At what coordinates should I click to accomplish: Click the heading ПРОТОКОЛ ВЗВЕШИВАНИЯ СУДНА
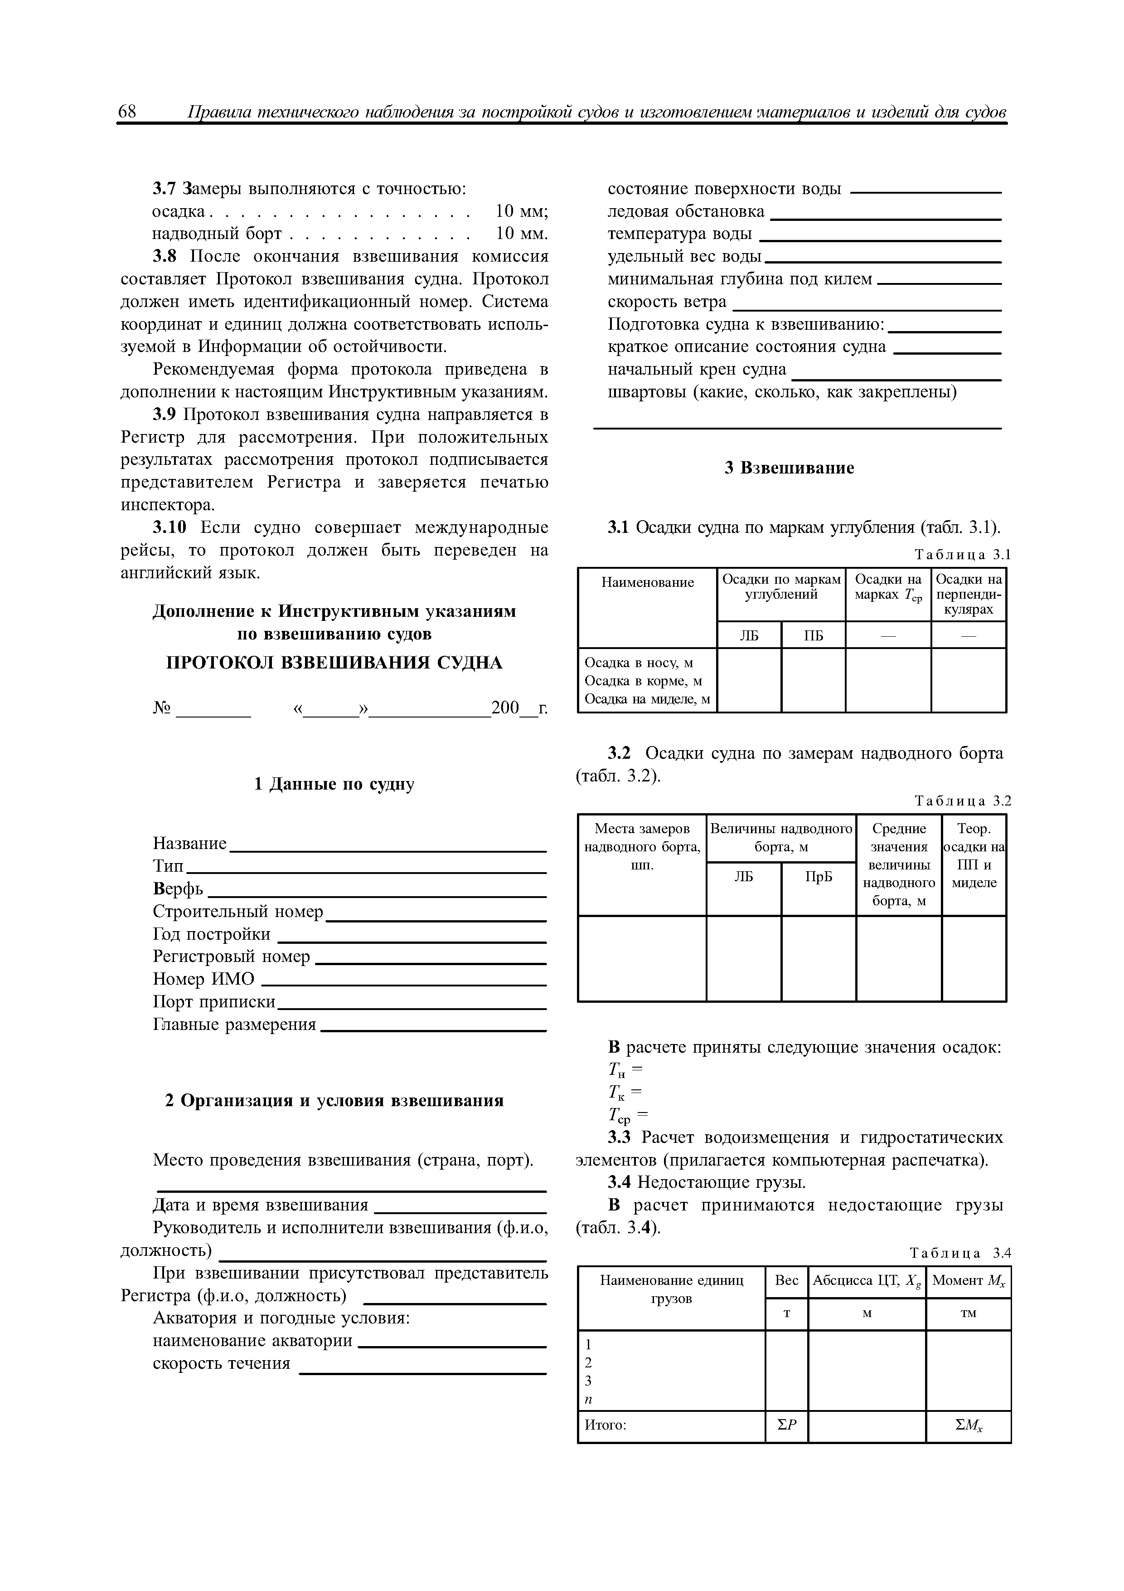pyautogui.click(x=334, y=663)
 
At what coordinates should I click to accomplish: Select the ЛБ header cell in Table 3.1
pyautogui.click(x=749, y=635)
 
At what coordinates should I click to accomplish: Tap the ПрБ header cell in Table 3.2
pyautogui.click(x=819, y=877)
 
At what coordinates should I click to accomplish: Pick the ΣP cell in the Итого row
pyautogui.click(x=787, y=1425)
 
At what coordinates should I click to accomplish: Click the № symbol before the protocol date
pyautogui.click(x=161, y=708)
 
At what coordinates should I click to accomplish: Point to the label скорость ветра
pyautogui.click(x=667, y=302)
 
